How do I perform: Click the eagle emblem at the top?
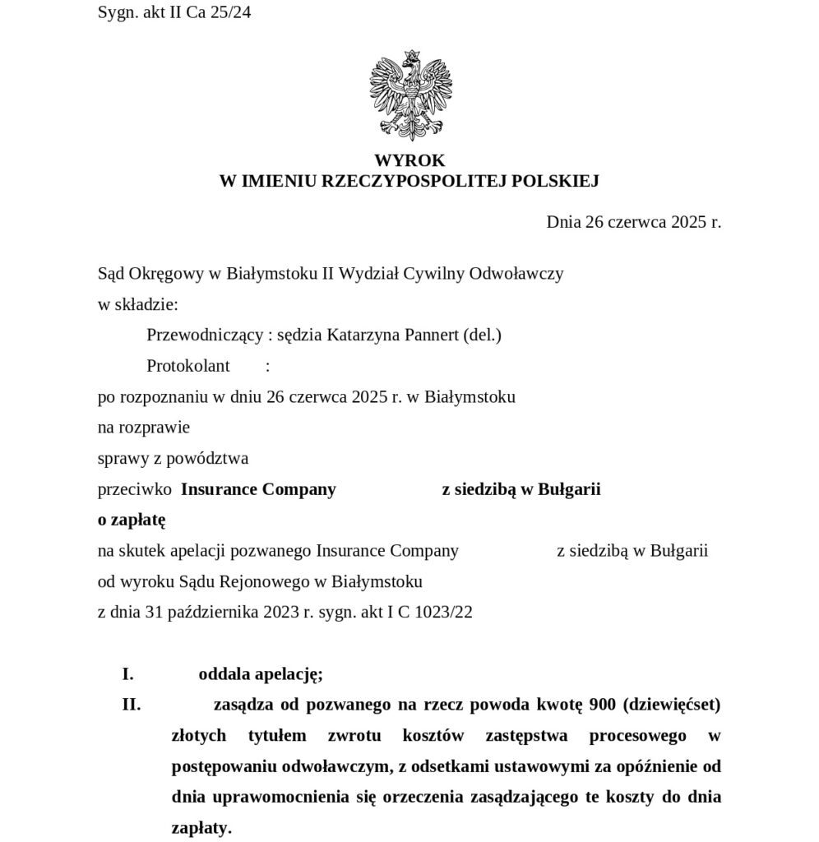coord(409,95)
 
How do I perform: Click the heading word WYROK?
coord(409,161)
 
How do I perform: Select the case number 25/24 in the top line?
coord(230,13)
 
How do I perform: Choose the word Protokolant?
coord(188,366)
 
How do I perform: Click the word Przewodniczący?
coord(205,335)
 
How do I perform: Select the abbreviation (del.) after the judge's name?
coord(482,335)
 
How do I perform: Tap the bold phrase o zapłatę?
coord(132,520)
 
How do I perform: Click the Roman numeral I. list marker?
coord(127,674)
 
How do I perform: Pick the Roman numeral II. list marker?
coord(131,705)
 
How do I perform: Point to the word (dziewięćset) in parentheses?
coord(672,705)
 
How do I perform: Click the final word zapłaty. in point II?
coord(201,828)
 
